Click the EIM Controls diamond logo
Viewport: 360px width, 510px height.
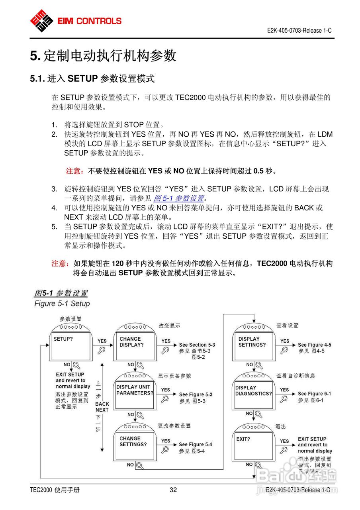pos(42,20)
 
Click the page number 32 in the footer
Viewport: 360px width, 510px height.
pos(173,490)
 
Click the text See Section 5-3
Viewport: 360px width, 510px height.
pos(197,345)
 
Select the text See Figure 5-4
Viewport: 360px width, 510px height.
pos(195,444)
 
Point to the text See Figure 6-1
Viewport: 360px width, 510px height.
pos(314,394)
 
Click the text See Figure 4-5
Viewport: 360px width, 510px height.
pos(314,345)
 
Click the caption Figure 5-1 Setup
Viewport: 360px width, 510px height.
pos(62,304)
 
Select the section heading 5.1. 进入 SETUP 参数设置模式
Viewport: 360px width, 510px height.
pos(92,78)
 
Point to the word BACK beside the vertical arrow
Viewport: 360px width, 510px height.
pos(102,404)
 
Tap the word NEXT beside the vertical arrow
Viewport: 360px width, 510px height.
pos(102,410)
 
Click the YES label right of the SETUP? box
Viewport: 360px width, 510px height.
pos(102,341)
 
